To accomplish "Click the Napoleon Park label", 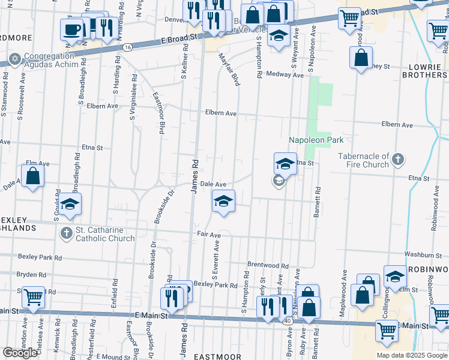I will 316,140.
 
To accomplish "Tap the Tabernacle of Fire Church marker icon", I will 397,160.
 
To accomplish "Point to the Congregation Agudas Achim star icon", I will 14,59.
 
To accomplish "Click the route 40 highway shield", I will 289,322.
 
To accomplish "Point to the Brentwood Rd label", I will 268,265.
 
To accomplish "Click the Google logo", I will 20,353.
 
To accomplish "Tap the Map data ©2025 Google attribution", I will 412,355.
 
